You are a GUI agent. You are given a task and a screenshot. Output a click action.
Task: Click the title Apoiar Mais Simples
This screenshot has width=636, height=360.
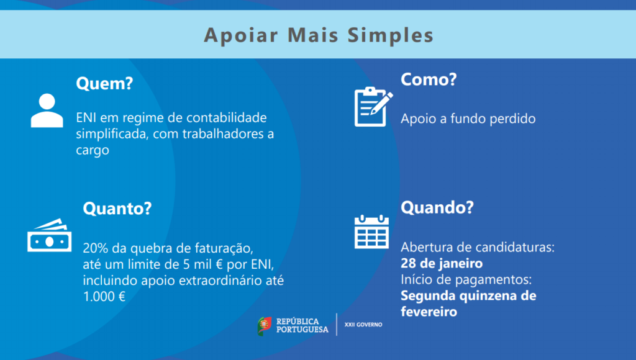click(x=319, y=35)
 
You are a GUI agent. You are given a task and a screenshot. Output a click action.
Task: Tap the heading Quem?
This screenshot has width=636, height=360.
click(x=104, y=83)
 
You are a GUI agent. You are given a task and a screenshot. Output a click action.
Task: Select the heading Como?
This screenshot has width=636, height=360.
click(x=429, y=79)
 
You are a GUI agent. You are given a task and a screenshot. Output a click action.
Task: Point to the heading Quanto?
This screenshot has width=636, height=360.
click(x=117, y=209)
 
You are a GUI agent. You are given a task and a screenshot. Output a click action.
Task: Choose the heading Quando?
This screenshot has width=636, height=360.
click(x=437, y=207)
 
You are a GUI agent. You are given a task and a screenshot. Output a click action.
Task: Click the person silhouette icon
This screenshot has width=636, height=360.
click(x=47, y=110)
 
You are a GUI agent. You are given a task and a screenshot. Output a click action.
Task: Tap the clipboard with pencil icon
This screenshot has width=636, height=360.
click(x=373, y=107)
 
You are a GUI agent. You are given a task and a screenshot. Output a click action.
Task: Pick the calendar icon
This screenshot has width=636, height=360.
click(x=371, y=232)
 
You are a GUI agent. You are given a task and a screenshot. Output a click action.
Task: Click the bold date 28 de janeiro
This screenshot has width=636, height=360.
click(x=442, y=263)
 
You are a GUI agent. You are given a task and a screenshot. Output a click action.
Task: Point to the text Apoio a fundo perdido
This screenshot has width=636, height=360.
click(x=468, y=119)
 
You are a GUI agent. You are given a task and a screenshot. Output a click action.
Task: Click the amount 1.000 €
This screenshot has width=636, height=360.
click(x=104, y=296)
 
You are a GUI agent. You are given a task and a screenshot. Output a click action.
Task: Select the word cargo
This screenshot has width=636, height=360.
click(x=93, y=151)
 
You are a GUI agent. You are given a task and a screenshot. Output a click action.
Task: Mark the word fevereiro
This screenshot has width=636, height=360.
click(x=429, y=312)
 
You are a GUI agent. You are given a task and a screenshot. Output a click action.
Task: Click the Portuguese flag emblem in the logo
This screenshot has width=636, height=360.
click(x=265, y=326)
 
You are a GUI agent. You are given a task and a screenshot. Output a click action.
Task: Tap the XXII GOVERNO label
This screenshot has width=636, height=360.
click(x=363, y=325)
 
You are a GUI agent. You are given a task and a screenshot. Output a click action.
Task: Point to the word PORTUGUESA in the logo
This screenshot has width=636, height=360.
click(x=302, y=330)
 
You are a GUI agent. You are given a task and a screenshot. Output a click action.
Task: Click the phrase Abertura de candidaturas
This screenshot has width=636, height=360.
click(x=478, y=247)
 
